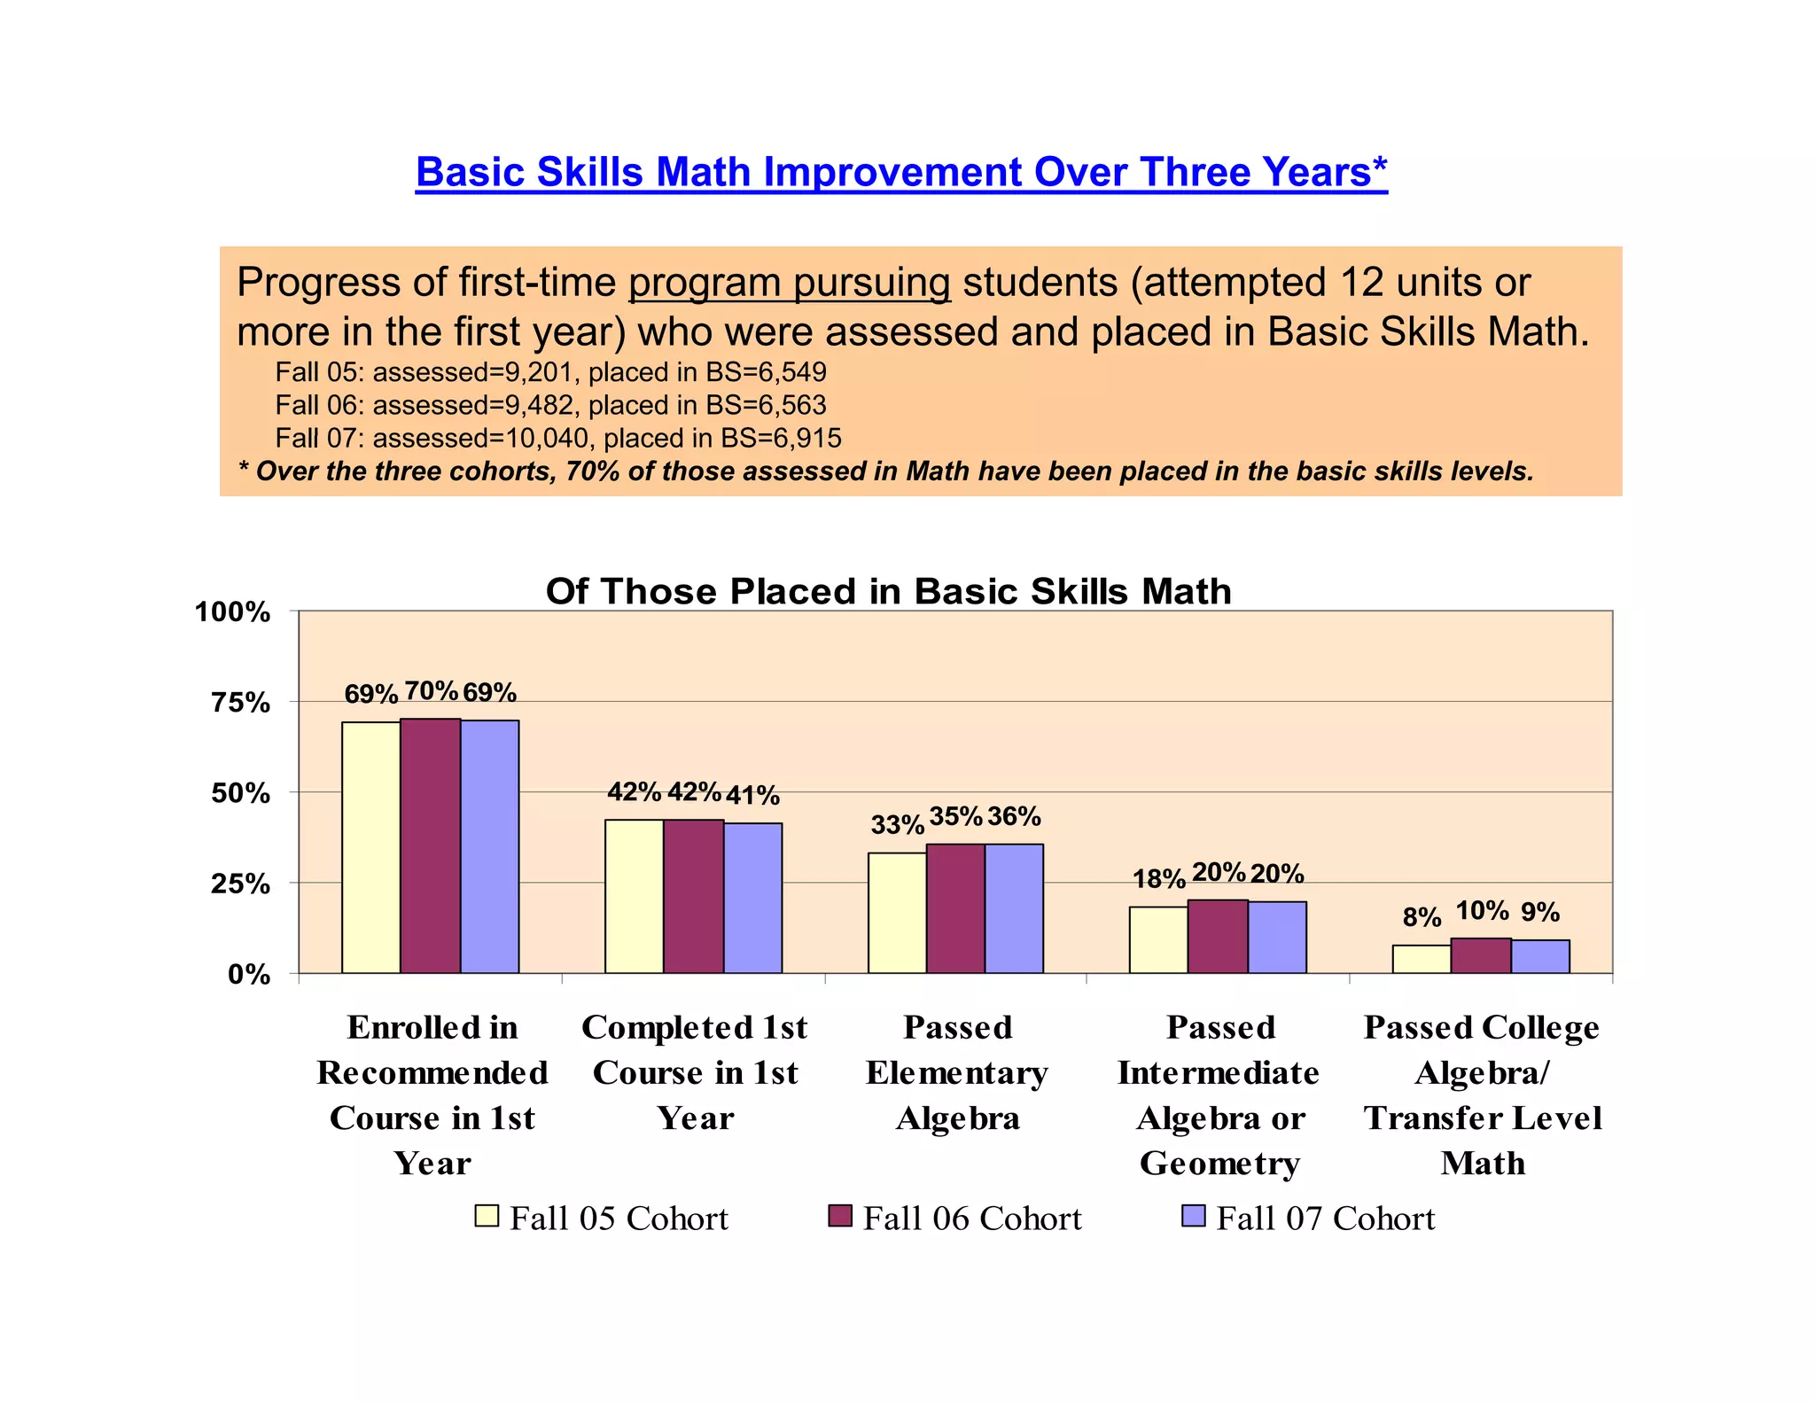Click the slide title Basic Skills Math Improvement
[900, 172]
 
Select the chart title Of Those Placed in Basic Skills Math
[888, 591]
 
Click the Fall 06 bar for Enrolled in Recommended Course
[430, 846]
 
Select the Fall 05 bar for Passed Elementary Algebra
[897, 913]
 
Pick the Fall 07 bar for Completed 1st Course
[752, 898]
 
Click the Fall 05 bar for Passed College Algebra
[1421, 959]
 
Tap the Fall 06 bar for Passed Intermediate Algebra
[1217, 937]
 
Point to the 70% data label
[431, 690]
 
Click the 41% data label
[752, 796]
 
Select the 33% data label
[897, 825]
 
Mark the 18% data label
[1158, 879]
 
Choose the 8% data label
[1422, 917]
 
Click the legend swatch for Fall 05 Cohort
[487, 1216]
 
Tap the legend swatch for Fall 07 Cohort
[1193, 1216]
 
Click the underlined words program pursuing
[789, 283]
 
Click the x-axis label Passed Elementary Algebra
[957, 1072]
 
